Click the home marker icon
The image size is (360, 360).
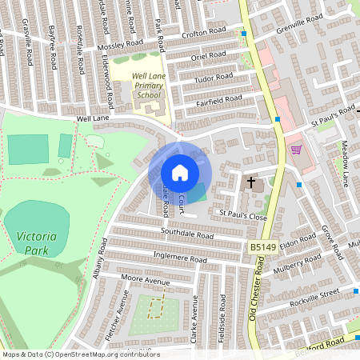pos(179,173)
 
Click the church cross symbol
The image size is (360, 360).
pos(251,183)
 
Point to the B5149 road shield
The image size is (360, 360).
pos(262,250)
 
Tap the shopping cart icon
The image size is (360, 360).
pos(296,150)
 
